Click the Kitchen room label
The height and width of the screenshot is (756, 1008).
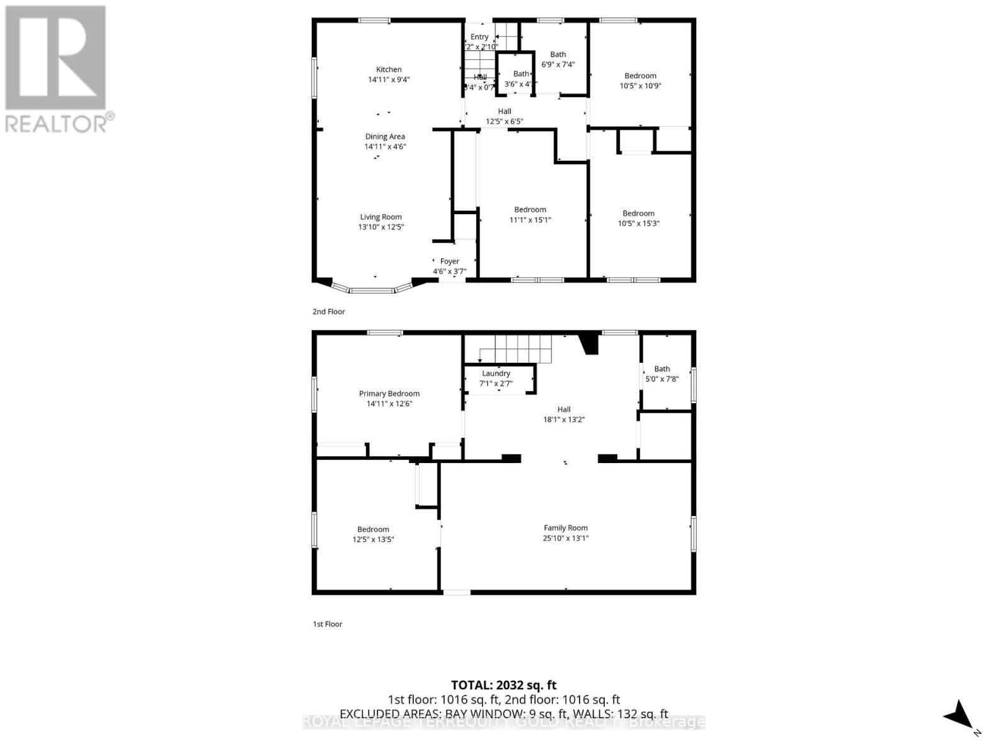coord(389,70)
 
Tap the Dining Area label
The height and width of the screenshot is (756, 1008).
coord(385,137)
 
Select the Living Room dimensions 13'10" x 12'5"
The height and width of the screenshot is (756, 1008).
coord(381,227)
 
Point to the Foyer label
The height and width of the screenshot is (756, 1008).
coord(449,261)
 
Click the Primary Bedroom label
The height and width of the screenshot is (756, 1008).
coord(389,394)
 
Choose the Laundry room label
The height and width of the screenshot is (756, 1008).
coord(496,374)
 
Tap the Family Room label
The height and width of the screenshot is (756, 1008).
coord(566,528)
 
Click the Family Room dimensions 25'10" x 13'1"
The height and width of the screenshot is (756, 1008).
coord(566,538)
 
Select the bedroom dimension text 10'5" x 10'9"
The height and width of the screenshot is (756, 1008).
coord(640,86)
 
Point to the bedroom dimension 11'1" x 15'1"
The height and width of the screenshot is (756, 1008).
coord(530,220)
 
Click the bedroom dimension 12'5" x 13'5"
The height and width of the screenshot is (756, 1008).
coord(373,539)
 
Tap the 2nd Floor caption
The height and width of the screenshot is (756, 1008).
coord(329,311)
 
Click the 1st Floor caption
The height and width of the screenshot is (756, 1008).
coord(328,624)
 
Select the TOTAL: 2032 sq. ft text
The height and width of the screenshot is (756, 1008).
coord(503,685)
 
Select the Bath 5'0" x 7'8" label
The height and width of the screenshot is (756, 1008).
coord(661,374)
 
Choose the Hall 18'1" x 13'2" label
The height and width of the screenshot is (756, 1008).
coord(564,414)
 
